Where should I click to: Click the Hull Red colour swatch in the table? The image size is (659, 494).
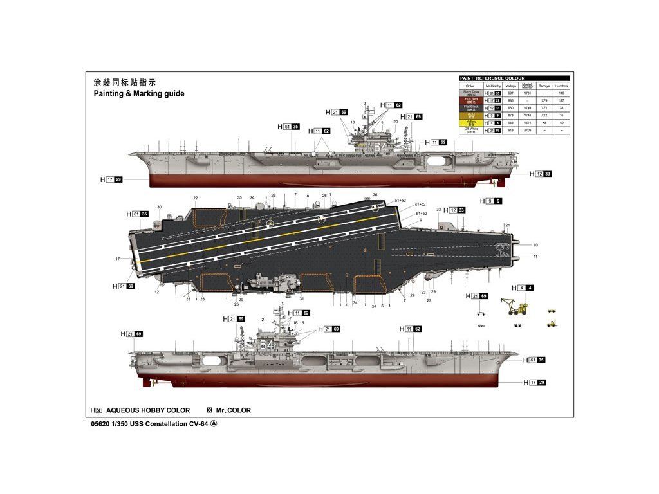click(x=470, y=101)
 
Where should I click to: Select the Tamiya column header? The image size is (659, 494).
click(x=544, y=86)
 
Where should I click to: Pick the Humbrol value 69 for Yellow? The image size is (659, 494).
click(x=562, y=122)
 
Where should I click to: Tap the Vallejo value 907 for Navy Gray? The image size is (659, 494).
click(x=511, y=94)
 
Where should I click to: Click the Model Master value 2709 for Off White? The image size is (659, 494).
click(x=527, y=130)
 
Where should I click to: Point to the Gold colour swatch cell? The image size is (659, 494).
click(x=470, y=115)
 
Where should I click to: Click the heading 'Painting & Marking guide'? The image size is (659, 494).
click(x=139, y=94)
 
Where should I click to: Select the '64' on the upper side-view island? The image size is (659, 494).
click(x=381, y=147)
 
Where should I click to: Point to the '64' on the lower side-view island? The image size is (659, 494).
click(x=266, y=345)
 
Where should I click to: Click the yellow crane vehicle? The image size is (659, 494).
click(x=517, y=306)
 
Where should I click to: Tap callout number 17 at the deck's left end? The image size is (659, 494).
click(x=118, y=259)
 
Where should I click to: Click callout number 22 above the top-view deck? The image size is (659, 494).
click(x=196, y=198)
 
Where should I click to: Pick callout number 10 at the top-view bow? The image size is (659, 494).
click(x=535, y=245)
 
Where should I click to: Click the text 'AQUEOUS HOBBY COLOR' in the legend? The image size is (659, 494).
click(x=148, y=410)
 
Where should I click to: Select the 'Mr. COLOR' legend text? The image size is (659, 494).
click(x=234, y=410)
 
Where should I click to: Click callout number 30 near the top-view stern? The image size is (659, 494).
click(x=159, y=207)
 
